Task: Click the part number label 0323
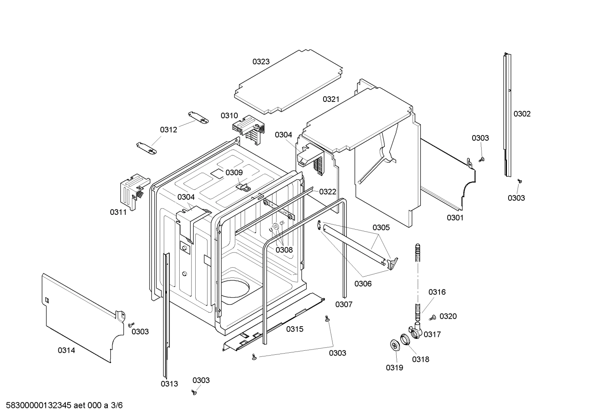[x=261, y=62]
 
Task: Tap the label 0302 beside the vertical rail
[x=522, y=114]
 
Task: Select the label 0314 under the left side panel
[x=66, y=350]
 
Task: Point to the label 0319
[x=394, y=368]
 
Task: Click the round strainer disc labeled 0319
[x=395, y=345]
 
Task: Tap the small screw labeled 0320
[x=433, y=317]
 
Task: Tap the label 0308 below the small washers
[x=284, y=250]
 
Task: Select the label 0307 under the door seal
[x=344, y=304]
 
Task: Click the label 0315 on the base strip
[x=294, y=329]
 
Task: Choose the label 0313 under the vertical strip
[x=169, y=384]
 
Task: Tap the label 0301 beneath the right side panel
[x=455, y=218]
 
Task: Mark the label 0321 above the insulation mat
[x=331, y=99]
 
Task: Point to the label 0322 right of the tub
[x=328, y=192]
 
